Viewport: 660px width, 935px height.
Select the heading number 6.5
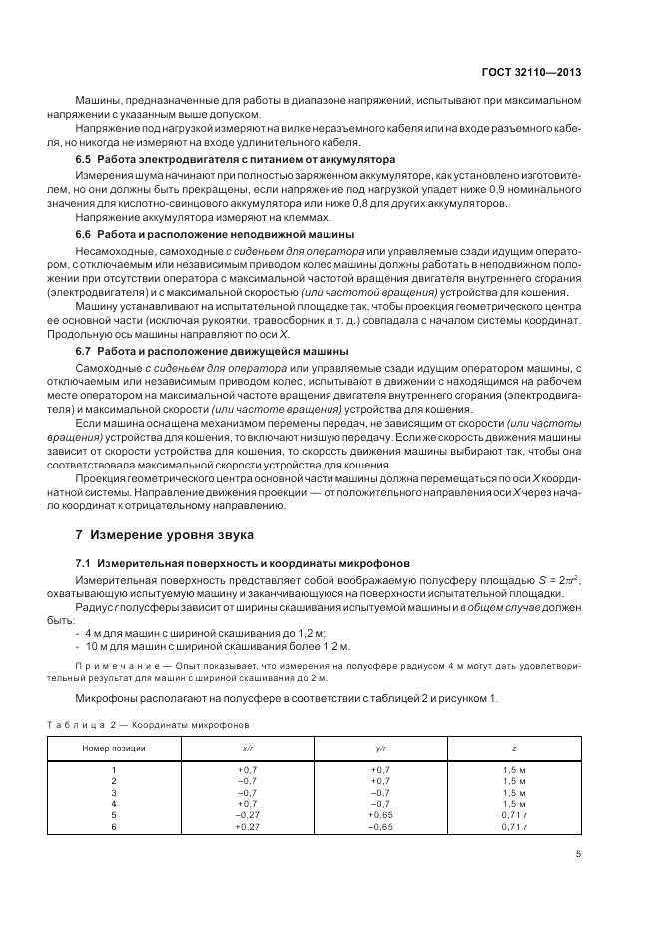[84, 160]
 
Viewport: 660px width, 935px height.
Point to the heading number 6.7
[84, 351]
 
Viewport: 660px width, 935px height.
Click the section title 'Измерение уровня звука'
[168, 535]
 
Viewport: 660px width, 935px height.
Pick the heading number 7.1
[84, 564]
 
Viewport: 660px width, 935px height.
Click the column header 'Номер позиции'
[114, 747]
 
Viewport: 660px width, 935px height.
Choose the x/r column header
[248, 747]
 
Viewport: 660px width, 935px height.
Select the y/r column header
[381, 747]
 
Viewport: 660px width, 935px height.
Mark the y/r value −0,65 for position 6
[381, 826]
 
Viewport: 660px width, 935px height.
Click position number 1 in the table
[114, 769]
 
